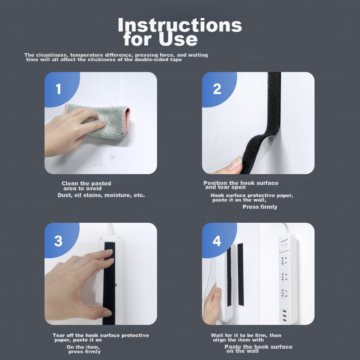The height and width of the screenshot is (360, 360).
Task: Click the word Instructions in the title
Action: point(180,25)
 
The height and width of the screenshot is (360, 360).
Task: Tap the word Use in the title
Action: point(178,39)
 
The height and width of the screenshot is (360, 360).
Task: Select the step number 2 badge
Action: point(217,89)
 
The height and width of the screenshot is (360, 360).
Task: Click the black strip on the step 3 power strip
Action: point(109,283)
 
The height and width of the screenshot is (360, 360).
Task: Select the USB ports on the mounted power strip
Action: point(285,315)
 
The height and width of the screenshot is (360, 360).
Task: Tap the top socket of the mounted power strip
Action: point(284,261)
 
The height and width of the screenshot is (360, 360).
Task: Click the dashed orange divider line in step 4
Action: point(259,274)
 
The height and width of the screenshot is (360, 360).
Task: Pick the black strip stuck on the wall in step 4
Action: point(240,274)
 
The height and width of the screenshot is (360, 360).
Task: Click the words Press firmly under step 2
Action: point(260,207)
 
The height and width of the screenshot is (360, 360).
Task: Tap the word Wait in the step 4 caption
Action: point(217,335)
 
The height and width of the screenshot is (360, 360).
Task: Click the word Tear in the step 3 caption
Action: point(58,335)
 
